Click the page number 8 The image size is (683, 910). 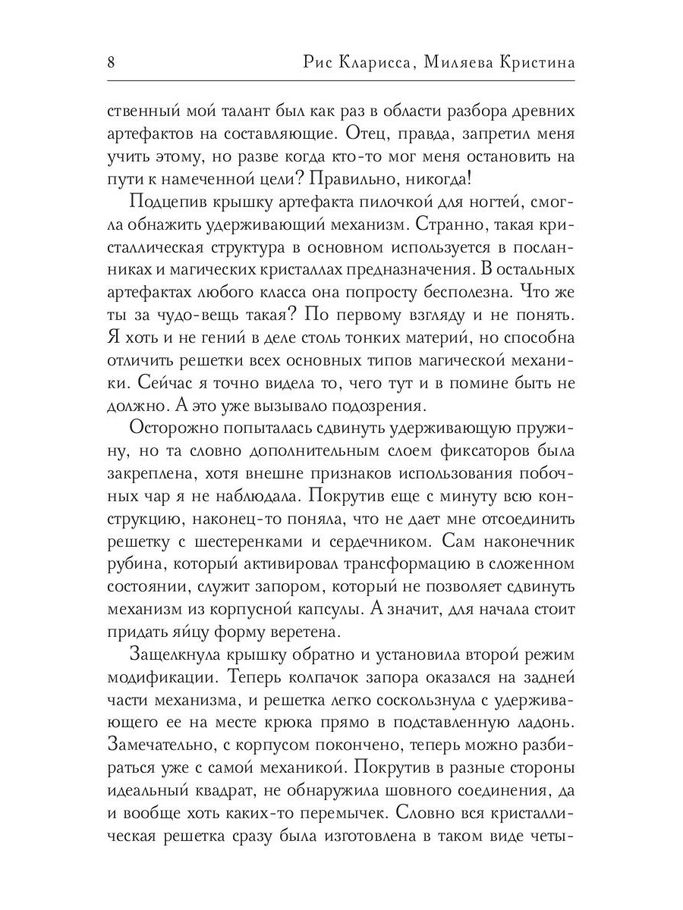(x=112, y=62)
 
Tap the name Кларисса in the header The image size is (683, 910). (x=370, y=62)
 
